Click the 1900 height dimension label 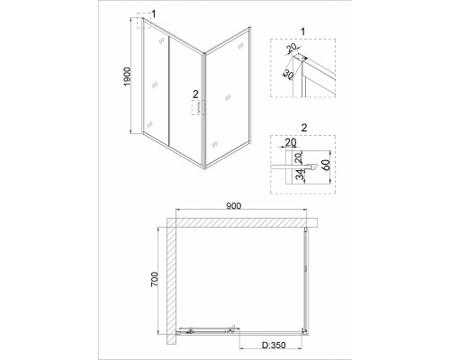click(128, 76)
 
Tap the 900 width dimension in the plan click(234, 206)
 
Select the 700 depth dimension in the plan click(154, 280)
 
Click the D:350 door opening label click(274, 345)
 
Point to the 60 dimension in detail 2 click(326, 165)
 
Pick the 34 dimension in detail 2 click(299, 175)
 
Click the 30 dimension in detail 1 click(288, 75)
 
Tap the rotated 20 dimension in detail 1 click(291, 48)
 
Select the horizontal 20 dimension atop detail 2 click(290, 142)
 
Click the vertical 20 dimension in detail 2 click(299, 157)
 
